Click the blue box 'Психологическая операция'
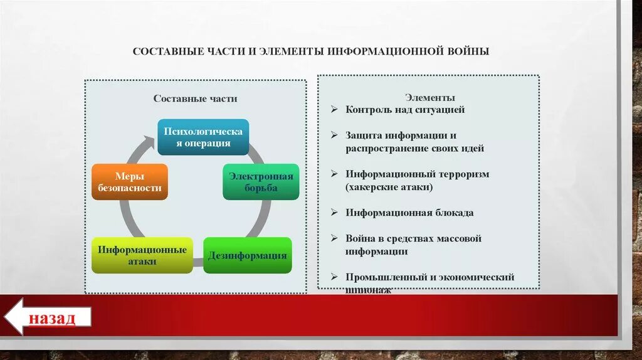203,137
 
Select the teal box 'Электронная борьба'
261,182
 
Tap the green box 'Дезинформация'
248,255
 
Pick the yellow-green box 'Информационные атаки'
142,255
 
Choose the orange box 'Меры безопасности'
130,182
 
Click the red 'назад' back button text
51,317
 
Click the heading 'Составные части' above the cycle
196,98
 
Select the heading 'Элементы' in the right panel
429,97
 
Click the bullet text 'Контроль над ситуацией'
405,109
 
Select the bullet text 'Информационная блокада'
409,213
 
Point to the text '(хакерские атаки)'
389,187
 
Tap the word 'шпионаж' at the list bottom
369,290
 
